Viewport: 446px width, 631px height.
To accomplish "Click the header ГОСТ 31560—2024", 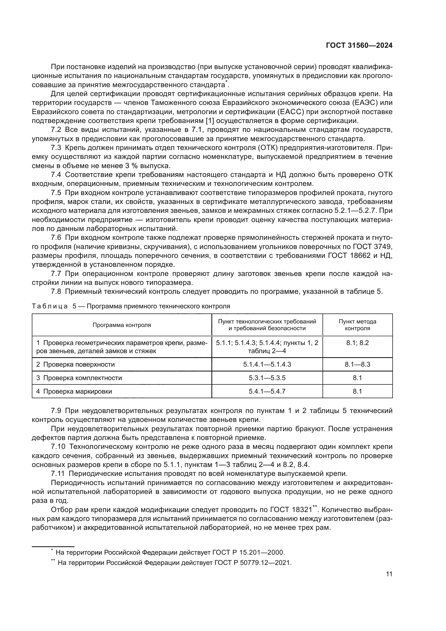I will pyautogui.click(x=359, y=46).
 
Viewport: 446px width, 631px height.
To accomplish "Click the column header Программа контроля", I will pyautogui.click(x=122, y=325).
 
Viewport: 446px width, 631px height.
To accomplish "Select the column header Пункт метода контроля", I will pyautogui.click(x=357, y=325).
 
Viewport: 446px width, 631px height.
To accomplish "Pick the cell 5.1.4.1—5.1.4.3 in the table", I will pyautogui.click(x=267, y=364).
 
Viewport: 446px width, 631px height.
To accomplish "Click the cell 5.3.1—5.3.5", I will pyautogui.click(x=267, y=378).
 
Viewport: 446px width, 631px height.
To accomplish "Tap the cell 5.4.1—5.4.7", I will pyautogui.click(x=267, y=391).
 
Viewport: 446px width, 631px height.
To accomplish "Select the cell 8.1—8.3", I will pyautogui.click(x=357, y=364).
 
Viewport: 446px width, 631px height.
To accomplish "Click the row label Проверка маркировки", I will pyautogui.click(x=77, y=391).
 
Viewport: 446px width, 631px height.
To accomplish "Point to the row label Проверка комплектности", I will pyautogui.click(x=83, y=378).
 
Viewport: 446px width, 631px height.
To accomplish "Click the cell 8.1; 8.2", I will pyautogui.click(x=357, y=343).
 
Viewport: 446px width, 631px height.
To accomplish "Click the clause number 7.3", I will pyautogui.click(x=56, y=148).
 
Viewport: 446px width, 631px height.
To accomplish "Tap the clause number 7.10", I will pyautogui.click(x=58, y=447).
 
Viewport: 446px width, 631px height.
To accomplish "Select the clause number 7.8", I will pyautogui.click(x=56, y=292).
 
